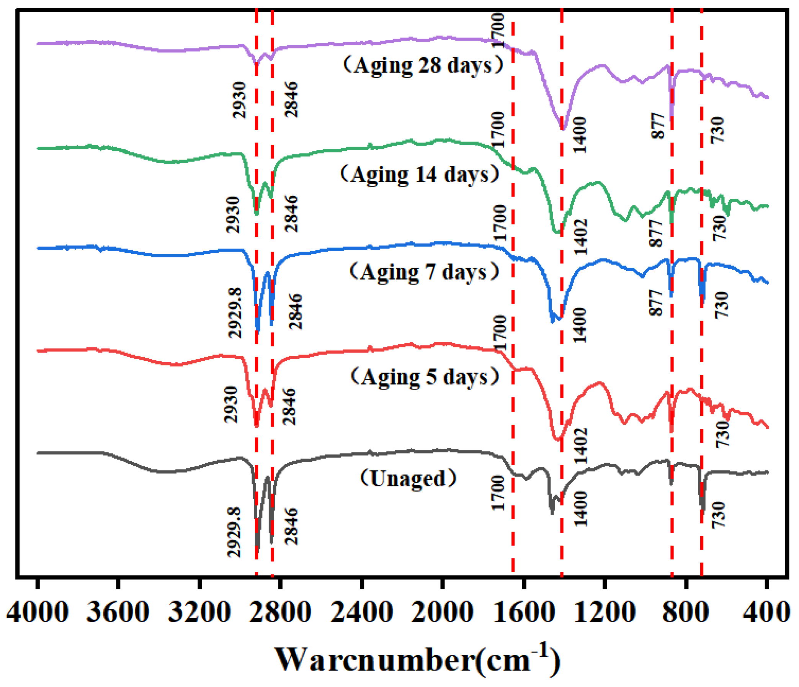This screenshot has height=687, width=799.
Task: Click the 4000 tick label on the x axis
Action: tap(38, 612)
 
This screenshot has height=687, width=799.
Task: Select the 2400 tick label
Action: tap(361, 612)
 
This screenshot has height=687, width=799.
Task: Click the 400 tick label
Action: tap(767, 612)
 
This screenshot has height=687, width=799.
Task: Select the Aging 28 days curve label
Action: tap(423, 65)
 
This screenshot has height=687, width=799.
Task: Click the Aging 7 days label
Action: tap(424, 272)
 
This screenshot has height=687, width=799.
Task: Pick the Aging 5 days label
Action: tap(425, 376)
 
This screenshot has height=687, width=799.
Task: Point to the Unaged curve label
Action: tap(408, 478)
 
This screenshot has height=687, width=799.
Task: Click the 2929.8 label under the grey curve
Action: tap(234, 532)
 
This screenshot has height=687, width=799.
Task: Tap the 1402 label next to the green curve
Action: tap(580, 237)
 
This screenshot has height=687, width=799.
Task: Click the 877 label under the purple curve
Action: tap(658, 126)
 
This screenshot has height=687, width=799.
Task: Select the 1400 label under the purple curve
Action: tap(580, 136)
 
